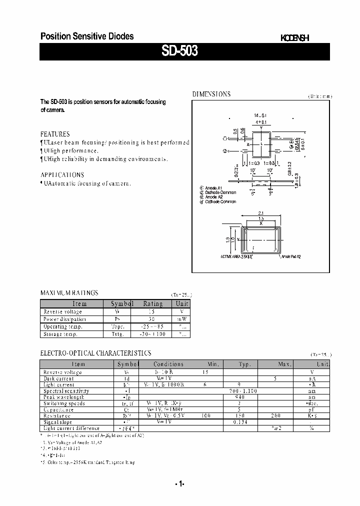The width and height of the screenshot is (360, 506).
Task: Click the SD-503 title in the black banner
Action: click(x=179, y=51)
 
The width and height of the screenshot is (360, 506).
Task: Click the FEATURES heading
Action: click(x=55, y=134)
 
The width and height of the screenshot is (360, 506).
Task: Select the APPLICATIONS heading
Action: click(x=62, y=175)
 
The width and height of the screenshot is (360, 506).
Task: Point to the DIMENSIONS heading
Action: click(x=211, y=94)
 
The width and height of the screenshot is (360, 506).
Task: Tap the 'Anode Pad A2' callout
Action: click(x=291, y=256)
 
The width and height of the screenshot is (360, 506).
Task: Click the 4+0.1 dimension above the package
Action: click(x=261, y=122)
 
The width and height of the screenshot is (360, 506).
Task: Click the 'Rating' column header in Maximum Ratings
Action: click(x=152, y=303)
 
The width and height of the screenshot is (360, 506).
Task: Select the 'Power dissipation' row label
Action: click(x=65, y=319)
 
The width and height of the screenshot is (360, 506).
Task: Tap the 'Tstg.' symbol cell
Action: click(x=117, y=334)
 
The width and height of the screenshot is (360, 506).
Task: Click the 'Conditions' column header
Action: click(x=168, y=364)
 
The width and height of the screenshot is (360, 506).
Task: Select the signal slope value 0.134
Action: click(x=240, y=422)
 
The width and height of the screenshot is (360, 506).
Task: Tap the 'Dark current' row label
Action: click(x=58, y=378)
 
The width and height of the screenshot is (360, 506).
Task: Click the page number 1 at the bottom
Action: click(x=180, y=484)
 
